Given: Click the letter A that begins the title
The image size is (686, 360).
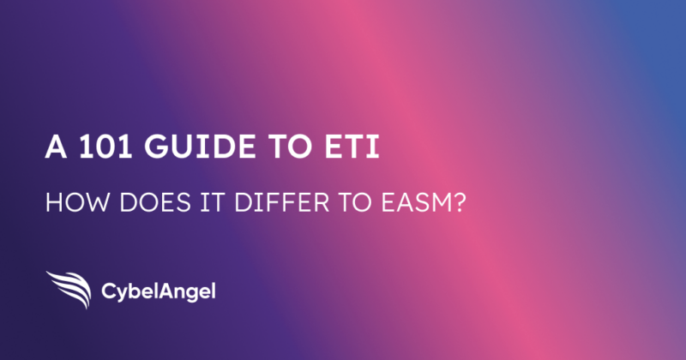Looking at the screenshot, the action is (56, 147).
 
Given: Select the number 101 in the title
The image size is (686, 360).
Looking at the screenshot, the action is (105, 147).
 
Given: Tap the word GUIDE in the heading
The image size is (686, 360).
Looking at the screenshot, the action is (201, 147).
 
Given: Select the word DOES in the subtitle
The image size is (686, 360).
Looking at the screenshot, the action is (155, 203).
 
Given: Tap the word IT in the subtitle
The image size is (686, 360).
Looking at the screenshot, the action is (212, 203).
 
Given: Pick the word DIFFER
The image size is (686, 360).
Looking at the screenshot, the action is (281, 203).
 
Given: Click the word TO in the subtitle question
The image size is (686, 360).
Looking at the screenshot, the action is (354, 203).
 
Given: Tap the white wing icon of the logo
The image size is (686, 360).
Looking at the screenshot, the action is (69, 289).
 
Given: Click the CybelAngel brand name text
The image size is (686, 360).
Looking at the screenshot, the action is (159, 291).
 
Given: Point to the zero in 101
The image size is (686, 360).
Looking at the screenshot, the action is (105, 147).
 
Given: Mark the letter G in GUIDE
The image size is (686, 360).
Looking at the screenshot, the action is (156, 147).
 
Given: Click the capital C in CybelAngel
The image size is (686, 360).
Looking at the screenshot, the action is (109, 291).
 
